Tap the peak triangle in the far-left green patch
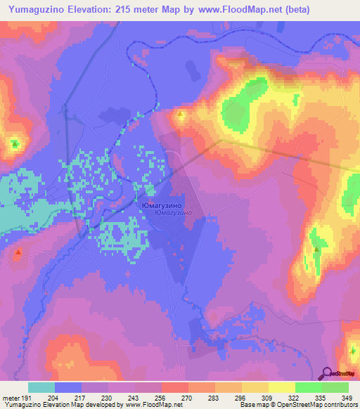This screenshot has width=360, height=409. [x=15, y=145]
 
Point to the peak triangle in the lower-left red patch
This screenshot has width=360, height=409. [x=18, y=252]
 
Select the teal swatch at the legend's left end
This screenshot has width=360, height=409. [x=41, y=387]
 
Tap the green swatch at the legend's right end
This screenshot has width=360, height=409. [x=335, y=387]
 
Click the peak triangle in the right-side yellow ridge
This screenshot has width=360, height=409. [x=316, y=249]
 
